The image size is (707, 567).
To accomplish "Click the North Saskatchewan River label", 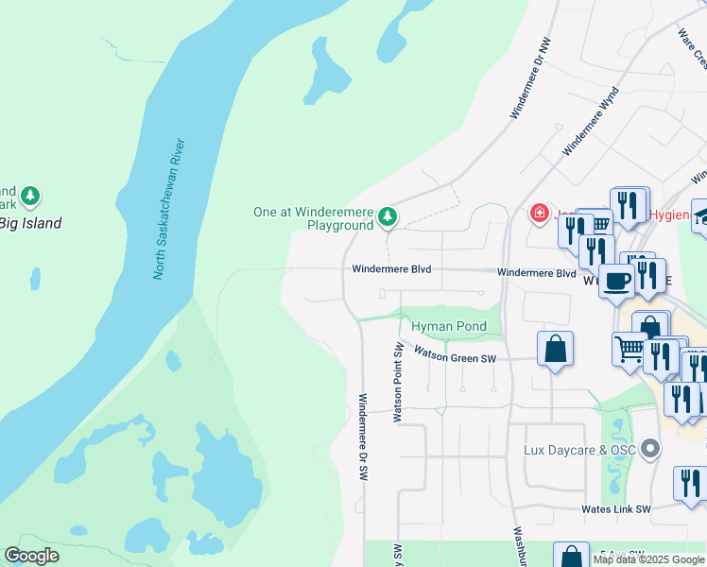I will click(169, 210).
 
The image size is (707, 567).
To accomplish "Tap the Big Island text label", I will click(30, 224).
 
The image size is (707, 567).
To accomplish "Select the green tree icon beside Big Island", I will click(31, 196).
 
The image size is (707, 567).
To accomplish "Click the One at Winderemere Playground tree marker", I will click(387, 217).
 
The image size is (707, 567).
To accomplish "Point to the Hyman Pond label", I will click(449, 327).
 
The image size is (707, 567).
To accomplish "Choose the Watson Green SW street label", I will click(456, 357).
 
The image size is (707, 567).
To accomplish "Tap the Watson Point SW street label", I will click(399, 383).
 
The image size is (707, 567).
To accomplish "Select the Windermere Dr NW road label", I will click(530, 78).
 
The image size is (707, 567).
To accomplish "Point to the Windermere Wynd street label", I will click(591, 121).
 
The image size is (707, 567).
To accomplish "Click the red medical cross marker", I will click(539, 215).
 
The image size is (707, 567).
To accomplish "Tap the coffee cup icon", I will click(616, 281).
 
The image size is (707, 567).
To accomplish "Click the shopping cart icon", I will click(629, 349).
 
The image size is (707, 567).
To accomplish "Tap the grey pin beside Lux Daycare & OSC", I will click(648, 449).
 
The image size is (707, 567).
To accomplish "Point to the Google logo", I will click(31, 555).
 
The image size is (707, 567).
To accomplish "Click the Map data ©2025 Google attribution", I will click(648, 559).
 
